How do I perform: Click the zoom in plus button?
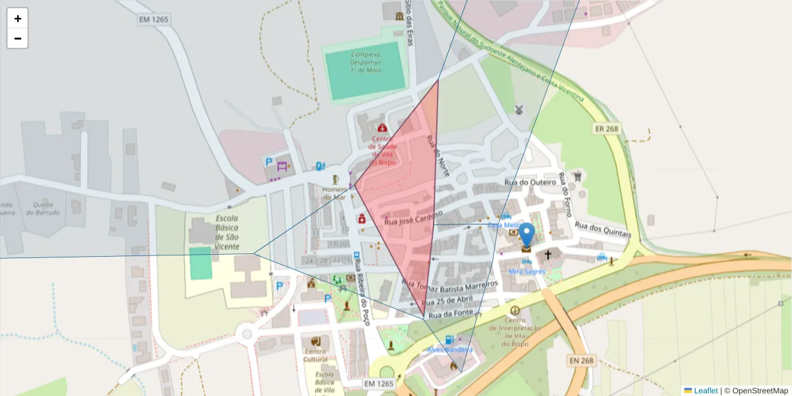coord(18,18)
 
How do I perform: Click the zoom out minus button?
coord(18,38)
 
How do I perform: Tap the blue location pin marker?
coord(526,236)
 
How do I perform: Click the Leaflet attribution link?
coord(705,391)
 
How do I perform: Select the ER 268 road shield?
coord(605,129)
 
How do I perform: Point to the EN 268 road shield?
coord(581,361)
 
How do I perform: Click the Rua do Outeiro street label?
coord(527,182)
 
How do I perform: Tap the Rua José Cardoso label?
coord(412,219)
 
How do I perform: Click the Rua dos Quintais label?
coord(603,230)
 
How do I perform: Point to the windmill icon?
coord(519,109)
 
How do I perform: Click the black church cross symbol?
coord(548,254)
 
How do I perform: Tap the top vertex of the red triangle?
coord(438,81)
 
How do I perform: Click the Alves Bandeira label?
coord(449,349)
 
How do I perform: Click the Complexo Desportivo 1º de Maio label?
coord(367,62)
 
